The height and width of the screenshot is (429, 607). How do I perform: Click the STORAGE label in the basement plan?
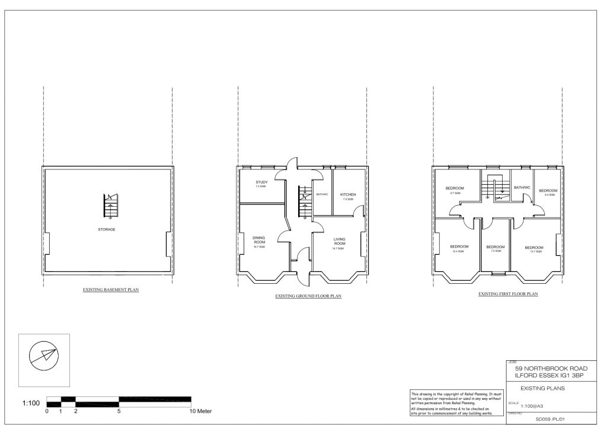pos(107,229)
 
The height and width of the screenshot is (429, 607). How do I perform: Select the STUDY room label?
pos(262,182)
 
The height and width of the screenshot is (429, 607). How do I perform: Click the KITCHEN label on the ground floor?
pos(348,194)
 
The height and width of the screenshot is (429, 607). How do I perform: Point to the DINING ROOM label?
pos(260,240)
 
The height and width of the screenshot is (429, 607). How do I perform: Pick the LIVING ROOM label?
pos(339,241)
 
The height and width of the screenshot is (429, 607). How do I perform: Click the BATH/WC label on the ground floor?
pos(322,194)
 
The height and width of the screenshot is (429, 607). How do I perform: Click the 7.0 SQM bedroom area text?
pos(496,251)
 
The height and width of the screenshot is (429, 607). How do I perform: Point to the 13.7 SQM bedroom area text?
pos(533,252)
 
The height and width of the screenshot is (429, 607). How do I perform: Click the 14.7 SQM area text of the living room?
pos(338,249)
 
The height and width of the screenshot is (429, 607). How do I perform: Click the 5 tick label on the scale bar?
pos(119,411)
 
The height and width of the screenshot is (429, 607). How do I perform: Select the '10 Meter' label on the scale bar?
pos(200,411)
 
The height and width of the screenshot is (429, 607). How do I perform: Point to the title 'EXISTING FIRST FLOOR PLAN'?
pos(508,294)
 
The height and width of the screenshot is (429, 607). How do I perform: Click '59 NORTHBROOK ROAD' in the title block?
pos(551,368)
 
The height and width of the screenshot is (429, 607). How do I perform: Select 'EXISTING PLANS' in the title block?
pos(542,389)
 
